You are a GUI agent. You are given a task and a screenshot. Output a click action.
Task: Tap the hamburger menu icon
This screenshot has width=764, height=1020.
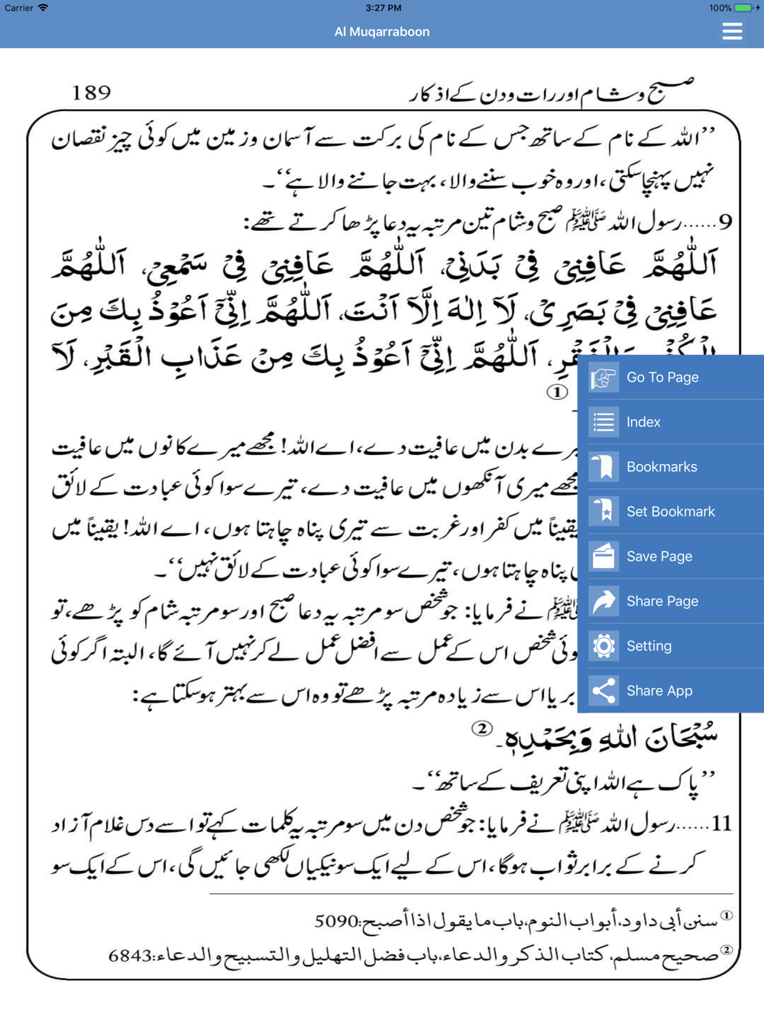click(x=732, y=31)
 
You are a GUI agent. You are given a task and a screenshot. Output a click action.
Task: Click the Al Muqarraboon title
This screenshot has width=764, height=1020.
click(x=382, y=32)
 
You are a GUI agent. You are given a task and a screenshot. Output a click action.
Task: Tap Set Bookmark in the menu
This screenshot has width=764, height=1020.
click(x=670, y=512)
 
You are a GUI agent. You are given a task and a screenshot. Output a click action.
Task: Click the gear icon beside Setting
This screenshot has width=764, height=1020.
click(x=604, y=646)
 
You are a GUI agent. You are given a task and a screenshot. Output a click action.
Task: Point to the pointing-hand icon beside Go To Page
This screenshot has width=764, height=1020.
click(x=604, y=378)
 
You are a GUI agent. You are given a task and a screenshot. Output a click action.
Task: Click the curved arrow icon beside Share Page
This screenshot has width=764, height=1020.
click(x=604, y=601)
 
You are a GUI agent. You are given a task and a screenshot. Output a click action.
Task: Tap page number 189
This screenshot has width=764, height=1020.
click(x=92, y=93)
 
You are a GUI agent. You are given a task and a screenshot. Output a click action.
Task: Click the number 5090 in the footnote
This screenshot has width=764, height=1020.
click(x=337, y=922)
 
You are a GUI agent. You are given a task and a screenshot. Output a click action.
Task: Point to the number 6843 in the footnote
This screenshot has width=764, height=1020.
click(x=130, y=956)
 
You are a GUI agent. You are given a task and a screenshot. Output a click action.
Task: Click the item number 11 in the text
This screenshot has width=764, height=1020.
click(x=721, y=824)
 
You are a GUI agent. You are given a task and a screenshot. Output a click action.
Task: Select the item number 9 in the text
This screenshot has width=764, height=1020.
click(x=725, y=223)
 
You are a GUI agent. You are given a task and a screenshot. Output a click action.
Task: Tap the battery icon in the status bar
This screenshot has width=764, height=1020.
click(x=743, y=8)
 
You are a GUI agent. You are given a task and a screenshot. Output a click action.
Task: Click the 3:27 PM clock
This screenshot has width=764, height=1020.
click(x=383, y=8)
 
